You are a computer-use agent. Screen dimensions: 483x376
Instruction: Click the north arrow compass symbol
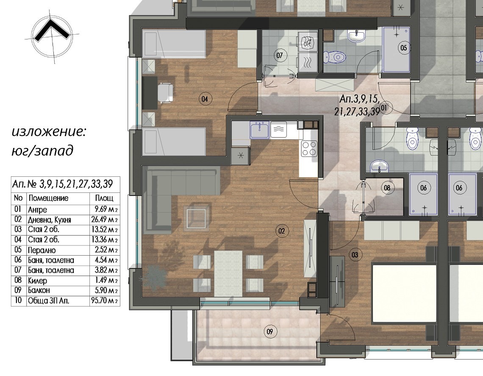click(x=52, y=36)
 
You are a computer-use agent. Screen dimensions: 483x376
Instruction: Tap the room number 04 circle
click(x=205, y=99)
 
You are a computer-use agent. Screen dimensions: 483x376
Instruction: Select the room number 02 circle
click(x=282, y=231)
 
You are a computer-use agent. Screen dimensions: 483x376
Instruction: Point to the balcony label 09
click(x=270, y=331)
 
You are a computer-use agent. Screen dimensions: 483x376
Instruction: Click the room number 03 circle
click(x=355, y=255)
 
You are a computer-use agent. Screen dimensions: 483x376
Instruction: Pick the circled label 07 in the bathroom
click(x=279, y=56)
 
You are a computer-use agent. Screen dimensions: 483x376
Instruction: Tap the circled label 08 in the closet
click(x=387, y=188)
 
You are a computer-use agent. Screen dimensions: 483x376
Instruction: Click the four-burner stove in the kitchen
click(x=309, y=148)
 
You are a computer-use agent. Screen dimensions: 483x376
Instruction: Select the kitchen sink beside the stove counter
click(x=259, y=130)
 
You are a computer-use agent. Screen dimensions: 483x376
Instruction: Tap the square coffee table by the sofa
click(x=197, y=218)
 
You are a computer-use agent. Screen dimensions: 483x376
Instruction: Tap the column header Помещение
click(x=48, y=198)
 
